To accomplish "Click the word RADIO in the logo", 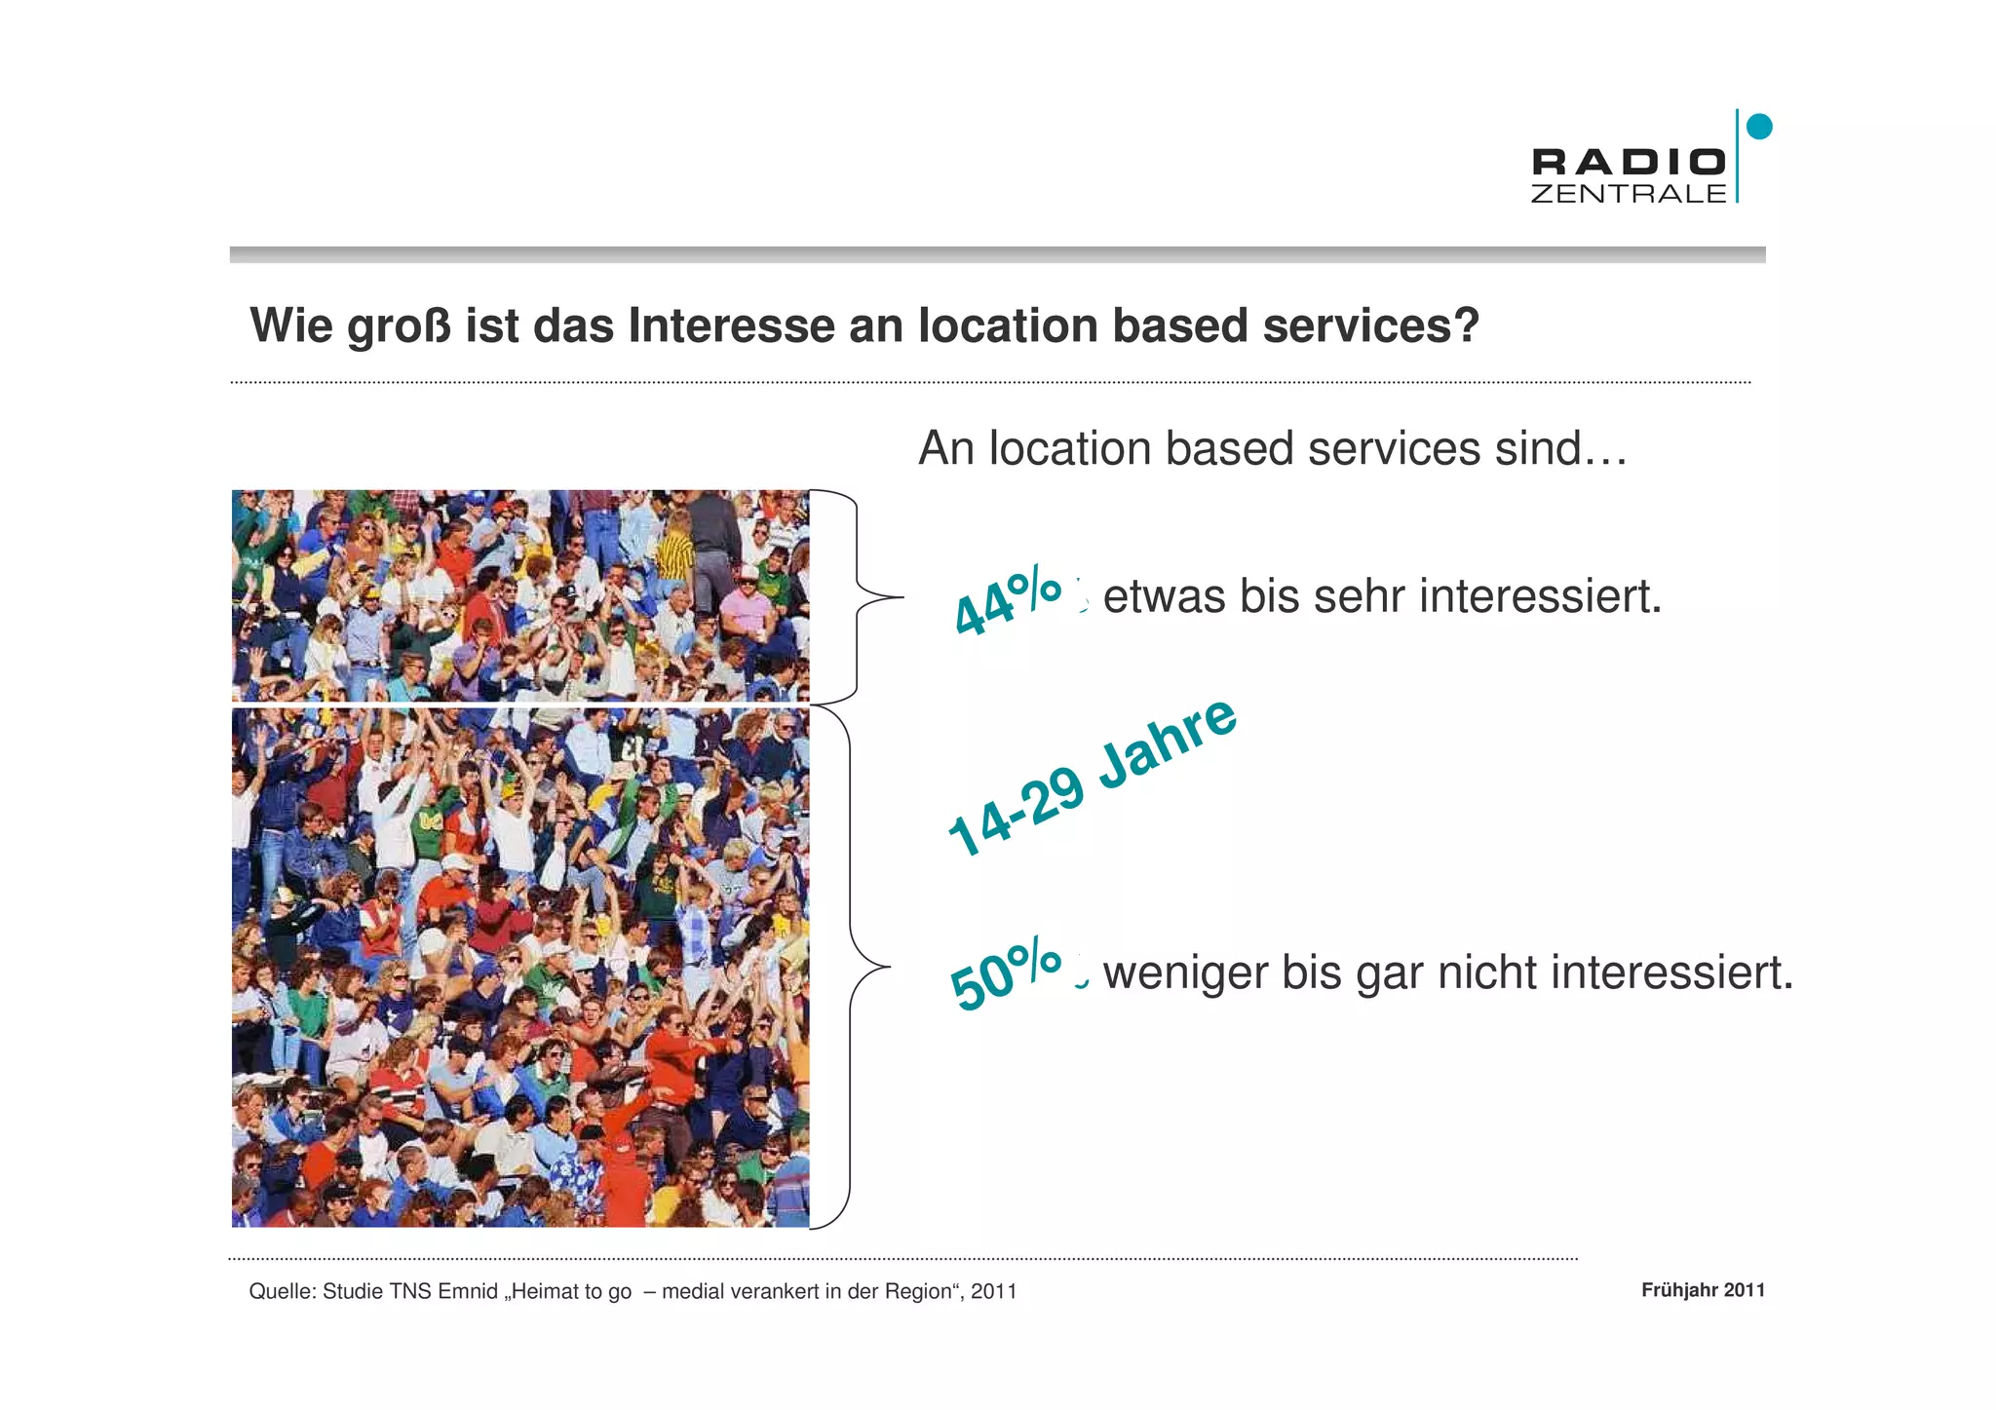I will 1629,162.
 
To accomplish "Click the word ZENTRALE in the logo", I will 1629,193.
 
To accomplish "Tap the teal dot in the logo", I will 1759,127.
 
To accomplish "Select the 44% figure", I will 1008,600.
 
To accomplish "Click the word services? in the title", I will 1371,325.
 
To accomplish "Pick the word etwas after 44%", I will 1164,596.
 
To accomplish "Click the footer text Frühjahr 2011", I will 1703,1290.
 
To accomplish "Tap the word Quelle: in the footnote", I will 283,1292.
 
